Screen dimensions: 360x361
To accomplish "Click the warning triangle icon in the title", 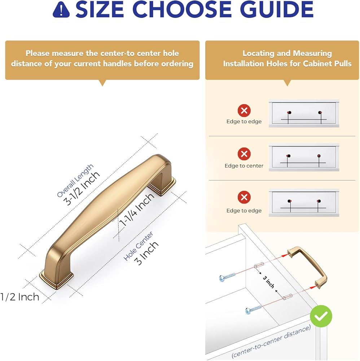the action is [61, 10].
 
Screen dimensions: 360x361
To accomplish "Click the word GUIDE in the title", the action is [277, 9].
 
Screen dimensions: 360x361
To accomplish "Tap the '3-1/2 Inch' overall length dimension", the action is [82, 188].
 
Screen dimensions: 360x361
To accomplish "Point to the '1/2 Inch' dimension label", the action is [20, 297].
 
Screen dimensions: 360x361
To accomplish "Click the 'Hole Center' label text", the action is [138, 246].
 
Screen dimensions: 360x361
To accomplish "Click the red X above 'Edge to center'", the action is [244, 154].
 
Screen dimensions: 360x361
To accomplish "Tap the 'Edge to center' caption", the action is [244, 166].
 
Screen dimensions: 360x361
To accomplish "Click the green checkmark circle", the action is [321, 316].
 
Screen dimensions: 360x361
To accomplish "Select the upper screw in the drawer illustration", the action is [227, 277].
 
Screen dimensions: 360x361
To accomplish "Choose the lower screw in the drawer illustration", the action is [253, 309].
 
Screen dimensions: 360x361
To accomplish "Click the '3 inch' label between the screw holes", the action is [268, 282].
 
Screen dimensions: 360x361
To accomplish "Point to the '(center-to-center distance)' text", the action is [271, 341].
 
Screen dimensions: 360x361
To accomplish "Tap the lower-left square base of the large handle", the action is [57, 279].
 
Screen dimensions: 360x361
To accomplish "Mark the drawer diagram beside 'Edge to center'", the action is [304, 157].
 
